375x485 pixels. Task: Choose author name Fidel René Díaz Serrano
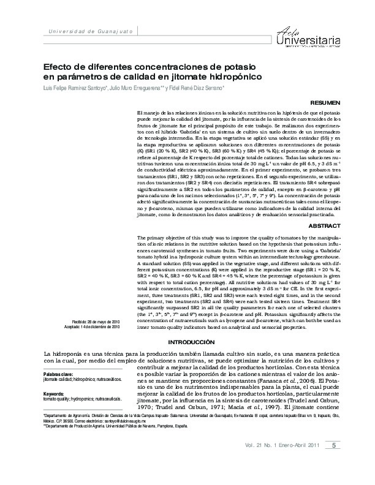[x=196, y=89]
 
